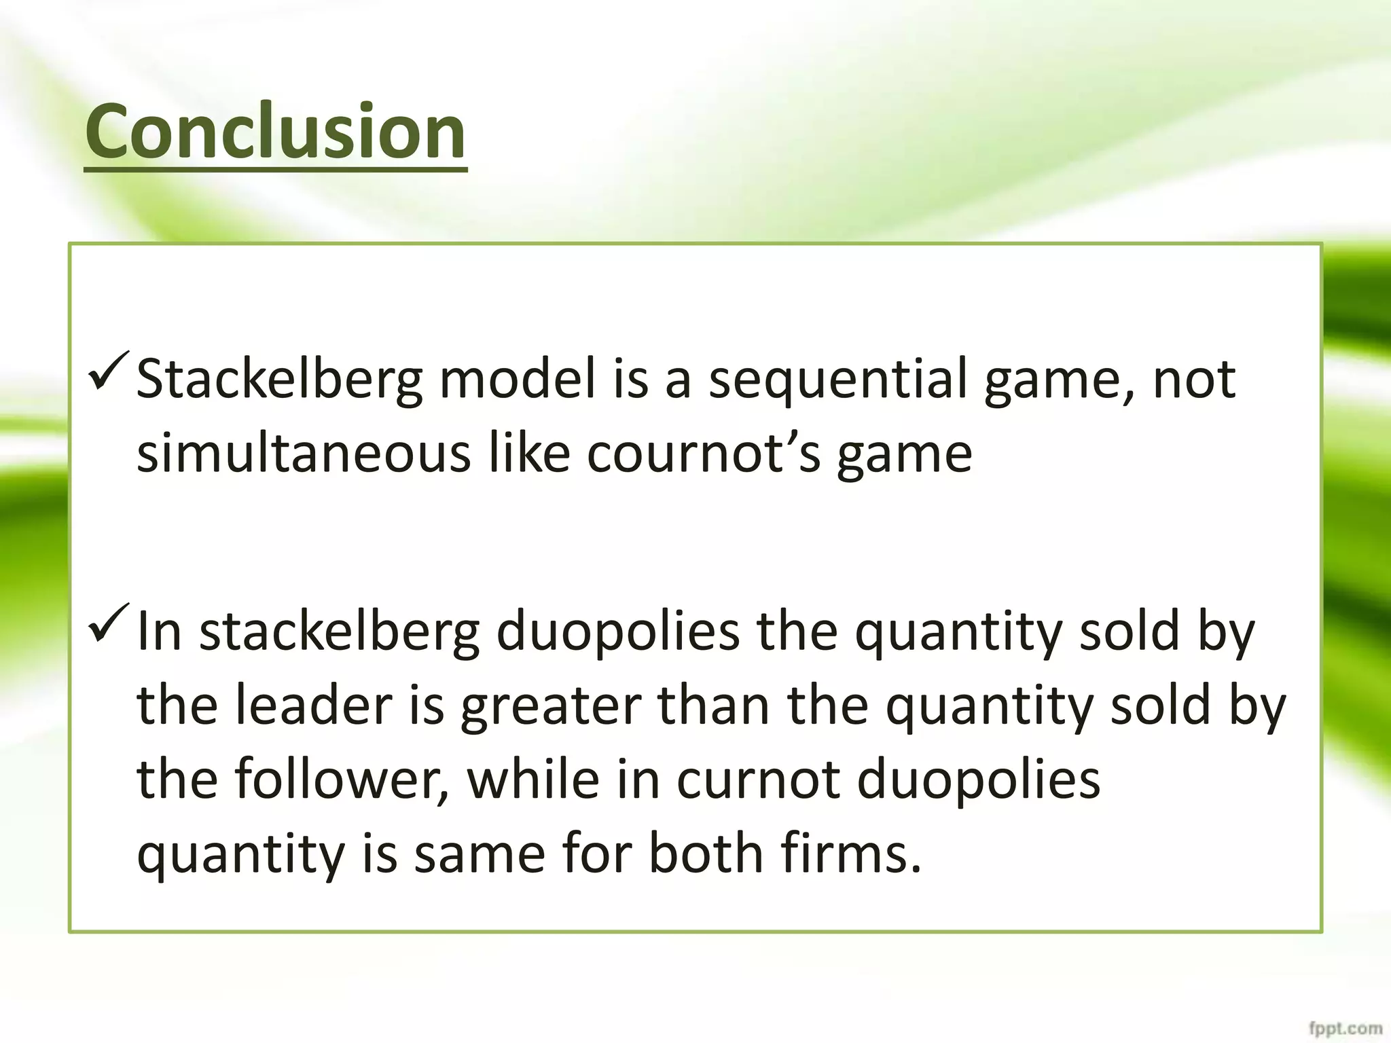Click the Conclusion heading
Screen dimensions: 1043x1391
275,131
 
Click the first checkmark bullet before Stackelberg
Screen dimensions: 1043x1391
107,371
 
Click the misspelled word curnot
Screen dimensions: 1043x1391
759,780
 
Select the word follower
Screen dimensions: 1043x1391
343,780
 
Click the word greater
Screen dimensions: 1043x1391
550,706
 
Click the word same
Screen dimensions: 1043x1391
480,854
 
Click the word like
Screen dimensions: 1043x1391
530,454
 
